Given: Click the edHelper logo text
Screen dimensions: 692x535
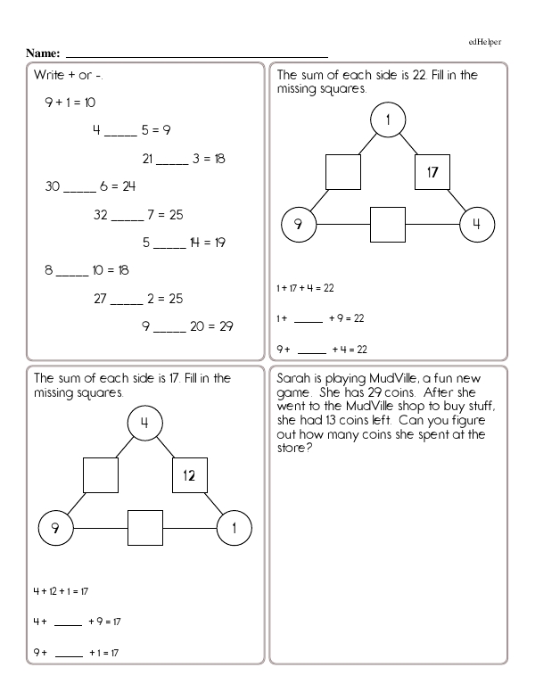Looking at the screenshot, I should click(486, 41).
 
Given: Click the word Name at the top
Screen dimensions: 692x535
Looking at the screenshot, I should click(42, 54).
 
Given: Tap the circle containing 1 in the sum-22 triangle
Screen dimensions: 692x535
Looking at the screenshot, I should click(389, 120).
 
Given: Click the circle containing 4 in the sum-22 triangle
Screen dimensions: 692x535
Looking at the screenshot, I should click(477, 224).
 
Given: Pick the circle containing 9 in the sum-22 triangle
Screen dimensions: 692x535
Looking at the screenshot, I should click(299, 224).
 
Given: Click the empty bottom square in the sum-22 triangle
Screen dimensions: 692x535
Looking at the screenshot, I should click(388, 224).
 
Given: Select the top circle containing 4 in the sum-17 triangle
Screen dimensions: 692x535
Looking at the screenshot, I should click(144, 424).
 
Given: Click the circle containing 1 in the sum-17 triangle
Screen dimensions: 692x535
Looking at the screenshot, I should click(235, 528).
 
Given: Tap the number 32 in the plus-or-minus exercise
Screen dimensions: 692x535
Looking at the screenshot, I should click(101, 215).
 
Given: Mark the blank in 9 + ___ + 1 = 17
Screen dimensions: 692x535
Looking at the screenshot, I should click(69, 654).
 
